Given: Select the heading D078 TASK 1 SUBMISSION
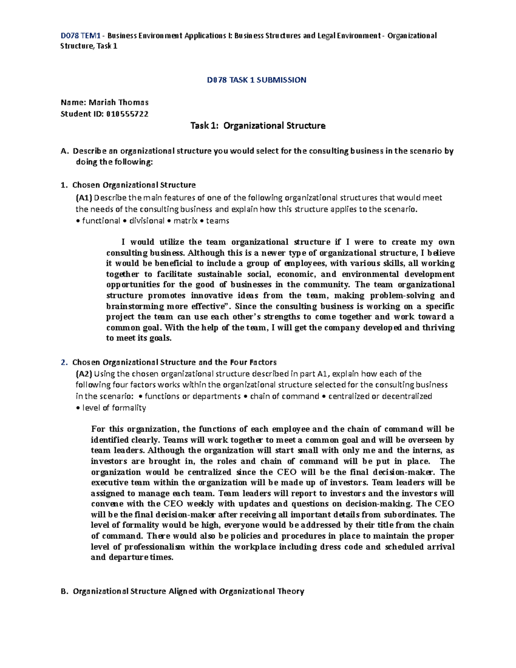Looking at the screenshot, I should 256,80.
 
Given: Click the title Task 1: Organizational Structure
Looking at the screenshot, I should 258,126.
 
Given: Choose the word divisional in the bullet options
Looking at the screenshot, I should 147,221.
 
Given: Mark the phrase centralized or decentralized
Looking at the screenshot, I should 380,396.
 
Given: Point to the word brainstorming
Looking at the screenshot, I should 135,306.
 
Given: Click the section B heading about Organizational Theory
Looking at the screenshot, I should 188,591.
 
